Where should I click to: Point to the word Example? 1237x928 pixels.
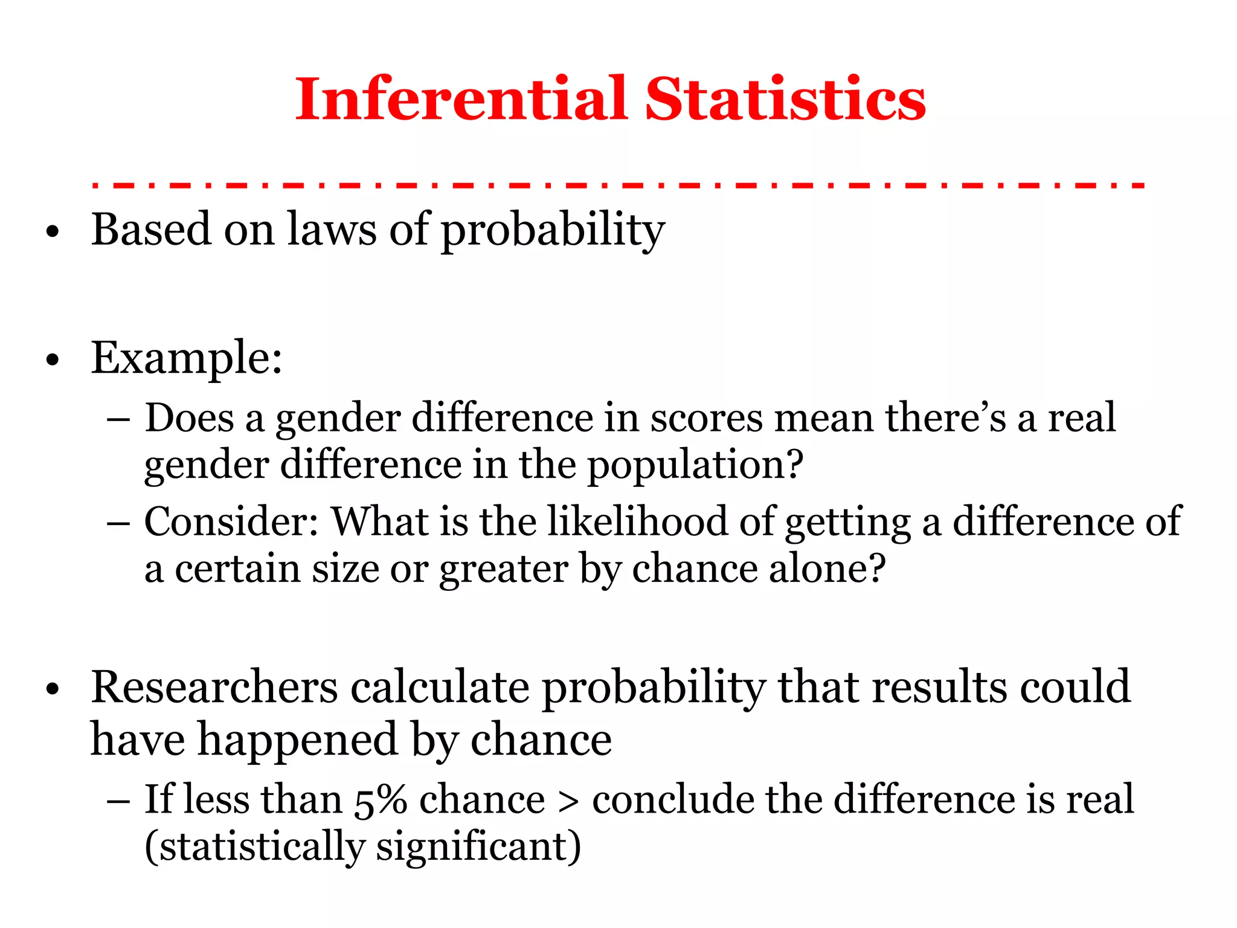186,358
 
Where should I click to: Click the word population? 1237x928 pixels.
695,465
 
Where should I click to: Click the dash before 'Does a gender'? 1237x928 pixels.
118,419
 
